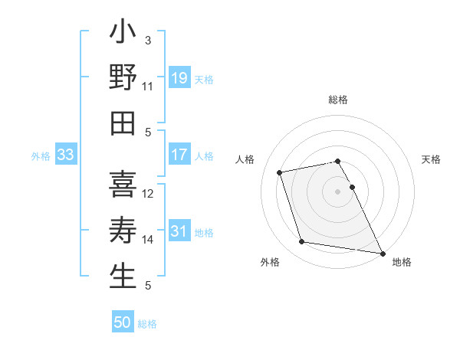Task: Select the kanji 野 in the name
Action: tap(123, 78)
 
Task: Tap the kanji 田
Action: tap(123, 124)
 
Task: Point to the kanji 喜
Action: tap(123, 185)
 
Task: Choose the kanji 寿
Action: tap(123, 231)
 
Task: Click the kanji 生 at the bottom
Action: tap(123, 277)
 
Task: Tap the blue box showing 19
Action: tap(179, 77)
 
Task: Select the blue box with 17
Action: tap(179, 155)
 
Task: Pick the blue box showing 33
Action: tap(65, 155)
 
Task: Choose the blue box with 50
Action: tap(123, 322)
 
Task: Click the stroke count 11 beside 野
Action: tap(147, 87)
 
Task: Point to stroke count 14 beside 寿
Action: tap(147, 240)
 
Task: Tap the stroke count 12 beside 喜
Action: tap(147, 194)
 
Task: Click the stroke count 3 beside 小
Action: tap(147, 41)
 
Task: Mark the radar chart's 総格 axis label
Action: tap(337, 100)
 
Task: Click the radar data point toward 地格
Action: tap(381, 252)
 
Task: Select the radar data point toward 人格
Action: tap(280, 172)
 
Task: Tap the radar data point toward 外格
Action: tap(302, 242)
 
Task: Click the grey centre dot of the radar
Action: tap(337, 191)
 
